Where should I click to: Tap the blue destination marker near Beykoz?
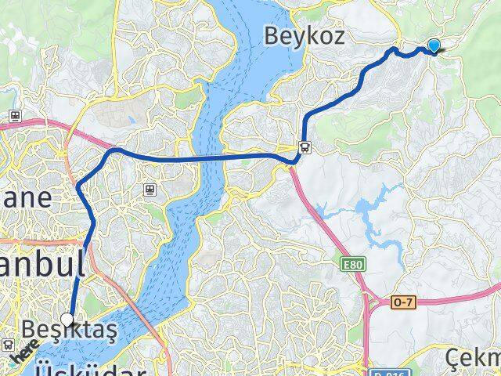(x=434, y=47)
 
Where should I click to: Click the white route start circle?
(x=69, y=320)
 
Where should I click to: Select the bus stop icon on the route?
(x=304, y=146)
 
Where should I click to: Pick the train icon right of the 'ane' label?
(x=150, y=188)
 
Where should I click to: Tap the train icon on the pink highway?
(x=14, y=116)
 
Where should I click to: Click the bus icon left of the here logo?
(x=7, y=345)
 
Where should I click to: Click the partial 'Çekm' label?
(x=474, y=359)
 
